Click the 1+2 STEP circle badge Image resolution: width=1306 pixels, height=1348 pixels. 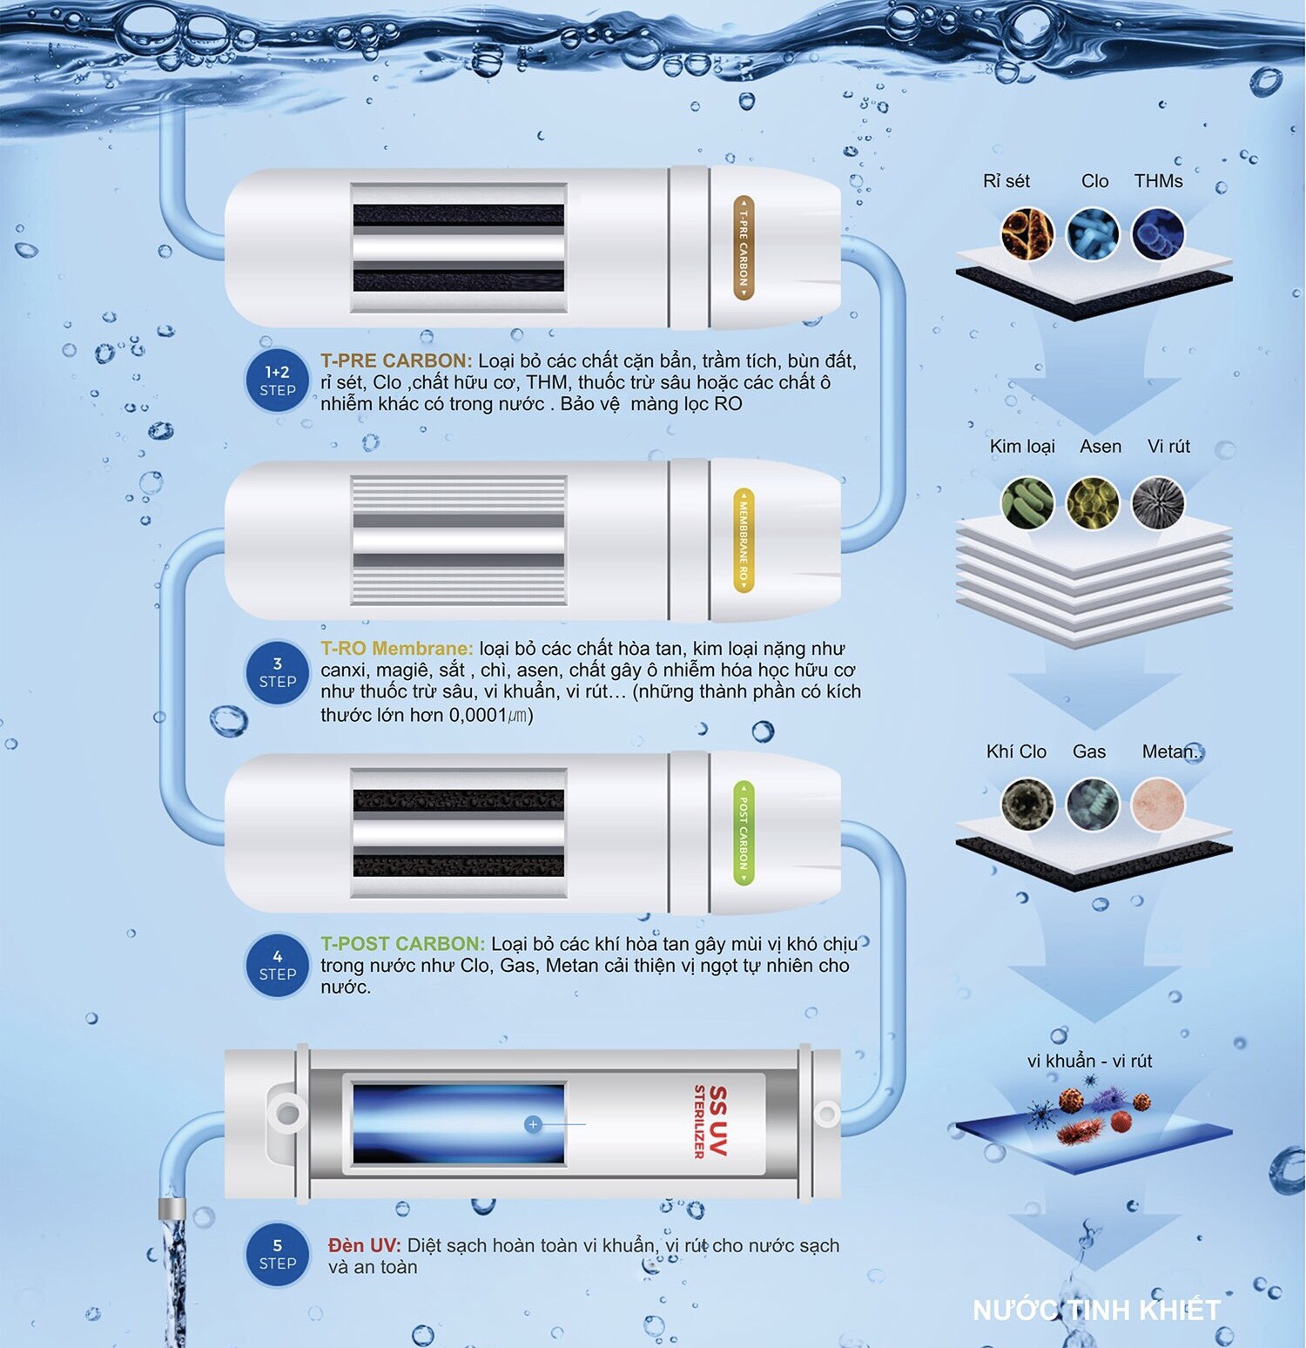point(278,381)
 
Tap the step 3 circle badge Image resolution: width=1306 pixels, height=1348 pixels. point(278,672)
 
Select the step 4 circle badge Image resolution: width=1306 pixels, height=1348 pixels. point(278,965)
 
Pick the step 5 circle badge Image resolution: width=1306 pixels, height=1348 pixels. point(278,1254)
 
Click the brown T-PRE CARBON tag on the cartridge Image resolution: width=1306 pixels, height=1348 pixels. point(743,248)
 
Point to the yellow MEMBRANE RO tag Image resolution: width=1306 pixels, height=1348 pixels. point(743,541)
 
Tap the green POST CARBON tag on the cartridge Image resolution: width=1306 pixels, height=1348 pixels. point(743,833)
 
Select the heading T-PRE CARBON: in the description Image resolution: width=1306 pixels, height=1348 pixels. point(396,361)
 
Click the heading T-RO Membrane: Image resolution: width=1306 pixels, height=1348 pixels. point(397,649)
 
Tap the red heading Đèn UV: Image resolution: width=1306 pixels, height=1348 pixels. point(364,1246)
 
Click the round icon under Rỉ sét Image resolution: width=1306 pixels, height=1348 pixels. point(1027,233)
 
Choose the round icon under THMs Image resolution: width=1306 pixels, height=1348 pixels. point(1159,233)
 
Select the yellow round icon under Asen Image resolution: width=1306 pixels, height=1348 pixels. point(1094,503)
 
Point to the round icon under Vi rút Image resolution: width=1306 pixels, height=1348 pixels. point(1159,503)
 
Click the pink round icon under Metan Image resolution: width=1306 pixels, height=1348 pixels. point(1159,804)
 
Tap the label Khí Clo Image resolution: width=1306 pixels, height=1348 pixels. point(1016,752)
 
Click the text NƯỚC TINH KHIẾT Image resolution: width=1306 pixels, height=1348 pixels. point(1096,1310)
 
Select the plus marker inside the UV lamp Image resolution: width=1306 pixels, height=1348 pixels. point(533,1124)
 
